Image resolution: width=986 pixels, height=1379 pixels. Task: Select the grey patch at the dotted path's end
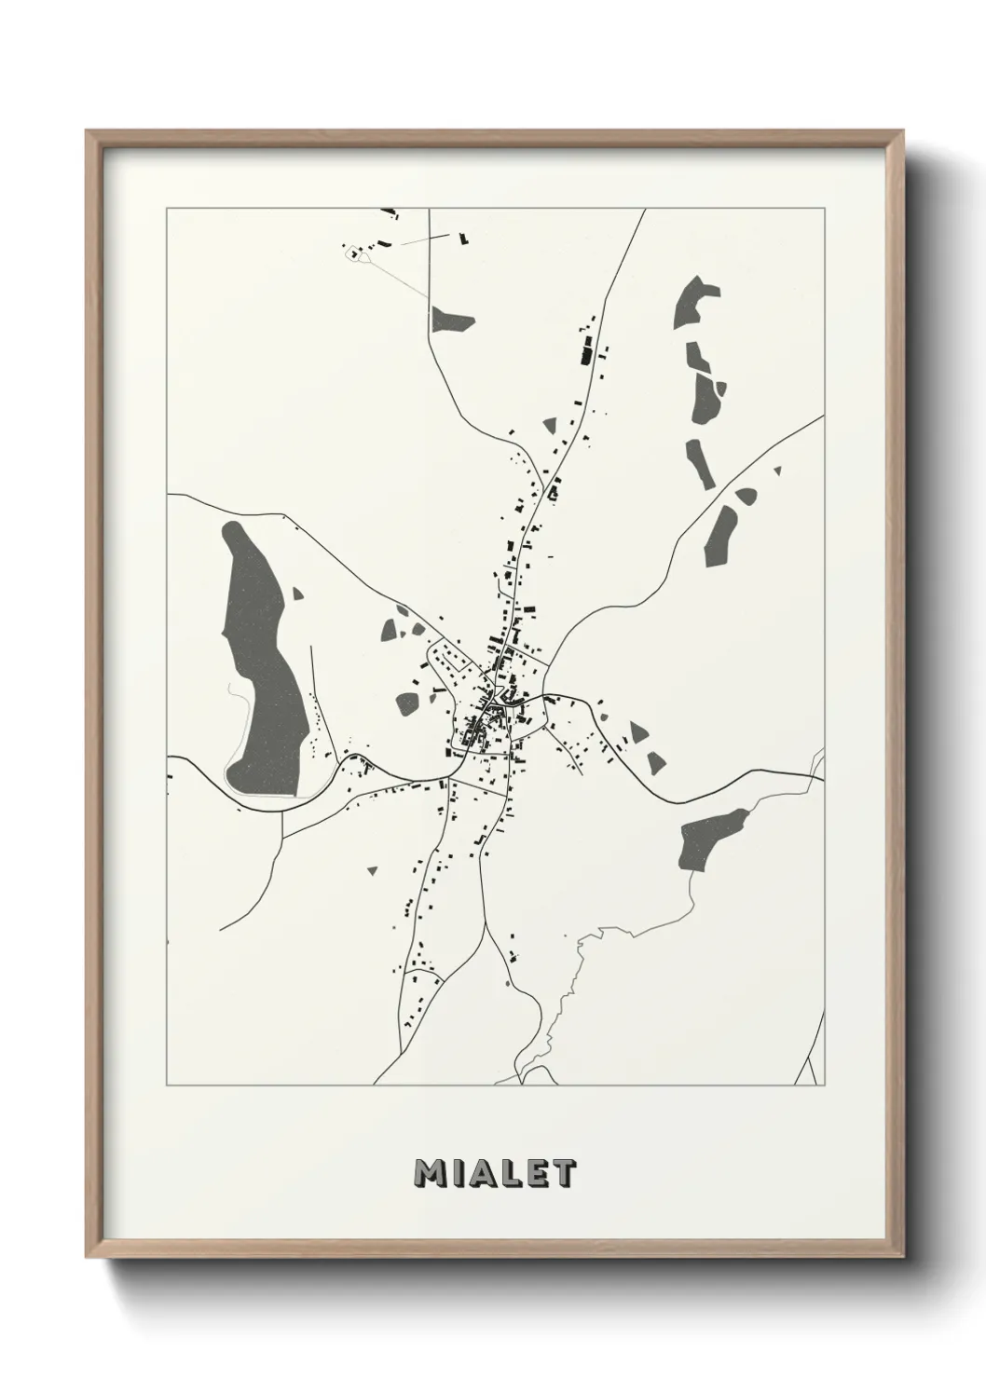coord(452,321)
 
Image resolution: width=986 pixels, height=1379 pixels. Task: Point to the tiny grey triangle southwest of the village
coord(373,870)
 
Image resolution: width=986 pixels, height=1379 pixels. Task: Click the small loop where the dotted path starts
coord(353,252)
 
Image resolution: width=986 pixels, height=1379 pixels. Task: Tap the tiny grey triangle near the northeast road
coord(776,471)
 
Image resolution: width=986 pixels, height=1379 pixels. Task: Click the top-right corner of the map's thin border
coord(826,209)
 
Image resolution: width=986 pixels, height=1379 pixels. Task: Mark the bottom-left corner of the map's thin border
coord(167,1085)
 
